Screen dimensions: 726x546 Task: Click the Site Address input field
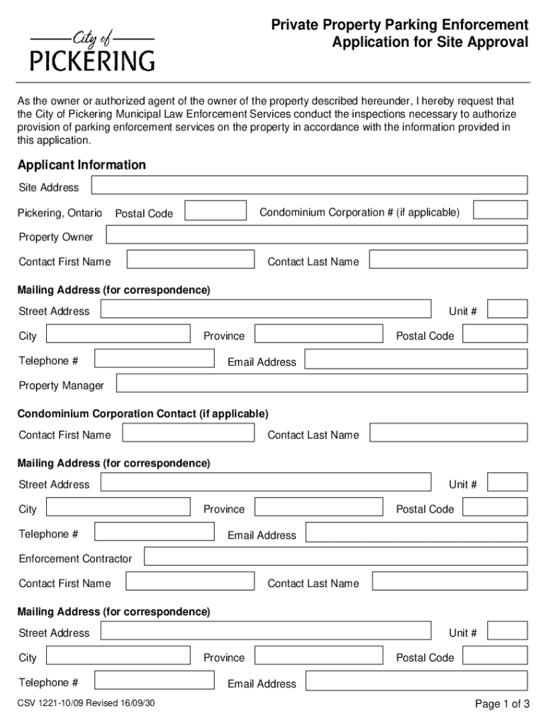pyautogui.click(x=310, y=185)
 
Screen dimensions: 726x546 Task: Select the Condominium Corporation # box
pyautogui.click(x=500, y=210)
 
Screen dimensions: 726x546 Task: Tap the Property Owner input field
pyautogui.click(x=316, y=235)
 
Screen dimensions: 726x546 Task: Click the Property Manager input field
pyautogui.click(x=321, y=384)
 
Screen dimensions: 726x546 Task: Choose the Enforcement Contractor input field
pyautogui.click(x=335, y=556)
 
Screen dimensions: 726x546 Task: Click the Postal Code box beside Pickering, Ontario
pyautogui.click(x=216, y=211)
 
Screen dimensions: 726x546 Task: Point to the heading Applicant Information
pyautogui.click(x=82, y=165)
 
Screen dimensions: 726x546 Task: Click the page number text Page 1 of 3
pyautogui.click(x=502, y=704)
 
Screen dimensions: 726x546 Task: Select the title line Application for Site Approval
pyautogui.click(x=430, y=43)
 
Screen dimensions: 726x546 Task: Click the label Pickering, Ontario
pyautogui.click(x=60, y=213)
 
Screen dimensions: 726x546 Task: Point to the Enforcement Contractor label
pyautogui.click(x=75, y=559)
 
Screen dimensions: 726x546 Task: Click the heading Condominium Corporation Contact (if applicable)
pyautogui.click(x=143, y=413)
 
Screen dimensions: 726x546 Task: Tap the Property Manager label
pyautogui.click(x=61, y=386)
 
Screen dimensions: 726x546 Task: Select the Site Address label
pyautogui.click(x=49, y=188)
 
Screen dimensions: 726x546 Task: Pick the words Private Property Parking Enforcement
pyautogui.click(x=399, y=26)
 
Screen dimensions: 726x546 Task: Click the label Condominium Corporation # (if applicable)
pyautogui.click(x=360, y=213)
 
